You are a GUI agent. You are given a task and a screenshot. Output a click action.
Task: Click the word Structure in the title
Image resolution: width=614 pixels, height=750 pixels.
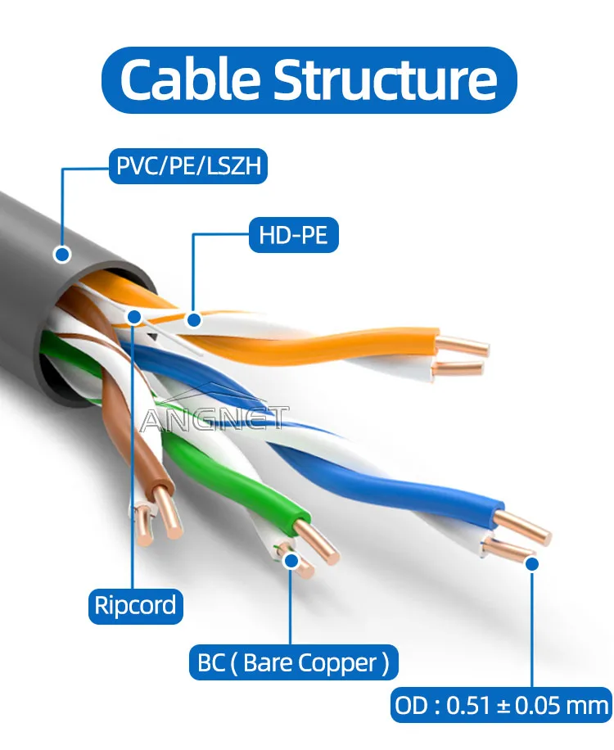click(385, 79)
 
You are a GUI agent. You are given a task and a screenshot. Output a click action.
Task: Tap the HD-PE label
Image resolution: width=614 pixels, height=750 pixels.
click(293, 236)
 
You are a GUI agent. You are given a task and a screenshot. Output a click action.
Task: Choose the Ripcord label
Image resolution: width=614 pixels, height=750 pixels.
click(135, 606)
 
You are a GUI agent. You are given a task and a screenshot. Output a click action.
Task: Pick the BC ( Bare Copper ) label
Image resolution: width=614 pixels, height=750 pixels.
click(293, 662)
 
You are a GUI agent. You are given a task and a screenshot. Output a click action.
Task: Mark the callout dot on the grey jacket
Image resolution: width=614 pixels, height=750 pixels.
click(61, 255)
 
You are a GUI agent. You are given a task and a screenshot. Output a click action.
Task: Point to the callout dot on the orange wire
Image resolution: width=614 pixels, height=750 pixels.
click(193, 319)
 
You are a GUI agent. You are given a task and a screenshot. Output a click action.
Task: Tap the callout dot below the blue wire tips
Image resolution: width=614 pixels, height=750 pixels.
click(531, 563)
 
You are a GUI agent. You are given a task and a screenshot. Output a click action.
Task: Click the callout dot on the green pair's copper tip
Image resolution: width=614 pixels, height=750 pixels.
click(291, 561)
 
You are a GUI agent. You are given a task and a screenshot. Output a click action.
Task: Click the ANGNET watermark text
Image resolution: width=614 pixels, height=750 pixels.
click(214, 419)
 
